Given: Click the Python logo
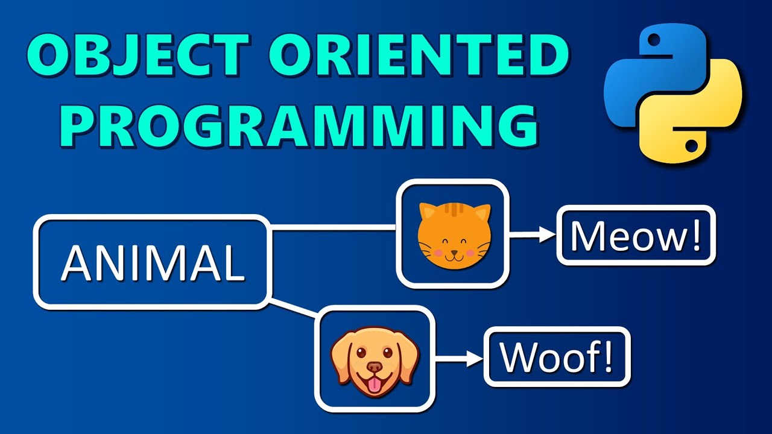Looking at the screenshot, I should [672, 96].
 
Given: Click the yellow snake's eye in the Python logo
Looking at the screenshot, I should [692, 145].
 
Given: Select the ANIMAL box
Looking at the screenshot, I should [151, 263].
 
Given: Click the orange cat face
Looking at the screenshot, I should [454, 236].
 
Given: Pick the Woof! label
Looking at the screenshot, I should [557, 356].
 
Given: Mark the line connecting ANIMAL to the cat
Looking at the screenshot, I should [332, 228].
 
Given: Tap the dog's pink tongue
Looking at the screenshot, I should [375, 386].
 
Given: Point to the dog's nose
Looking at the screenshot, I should [375, 367].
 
